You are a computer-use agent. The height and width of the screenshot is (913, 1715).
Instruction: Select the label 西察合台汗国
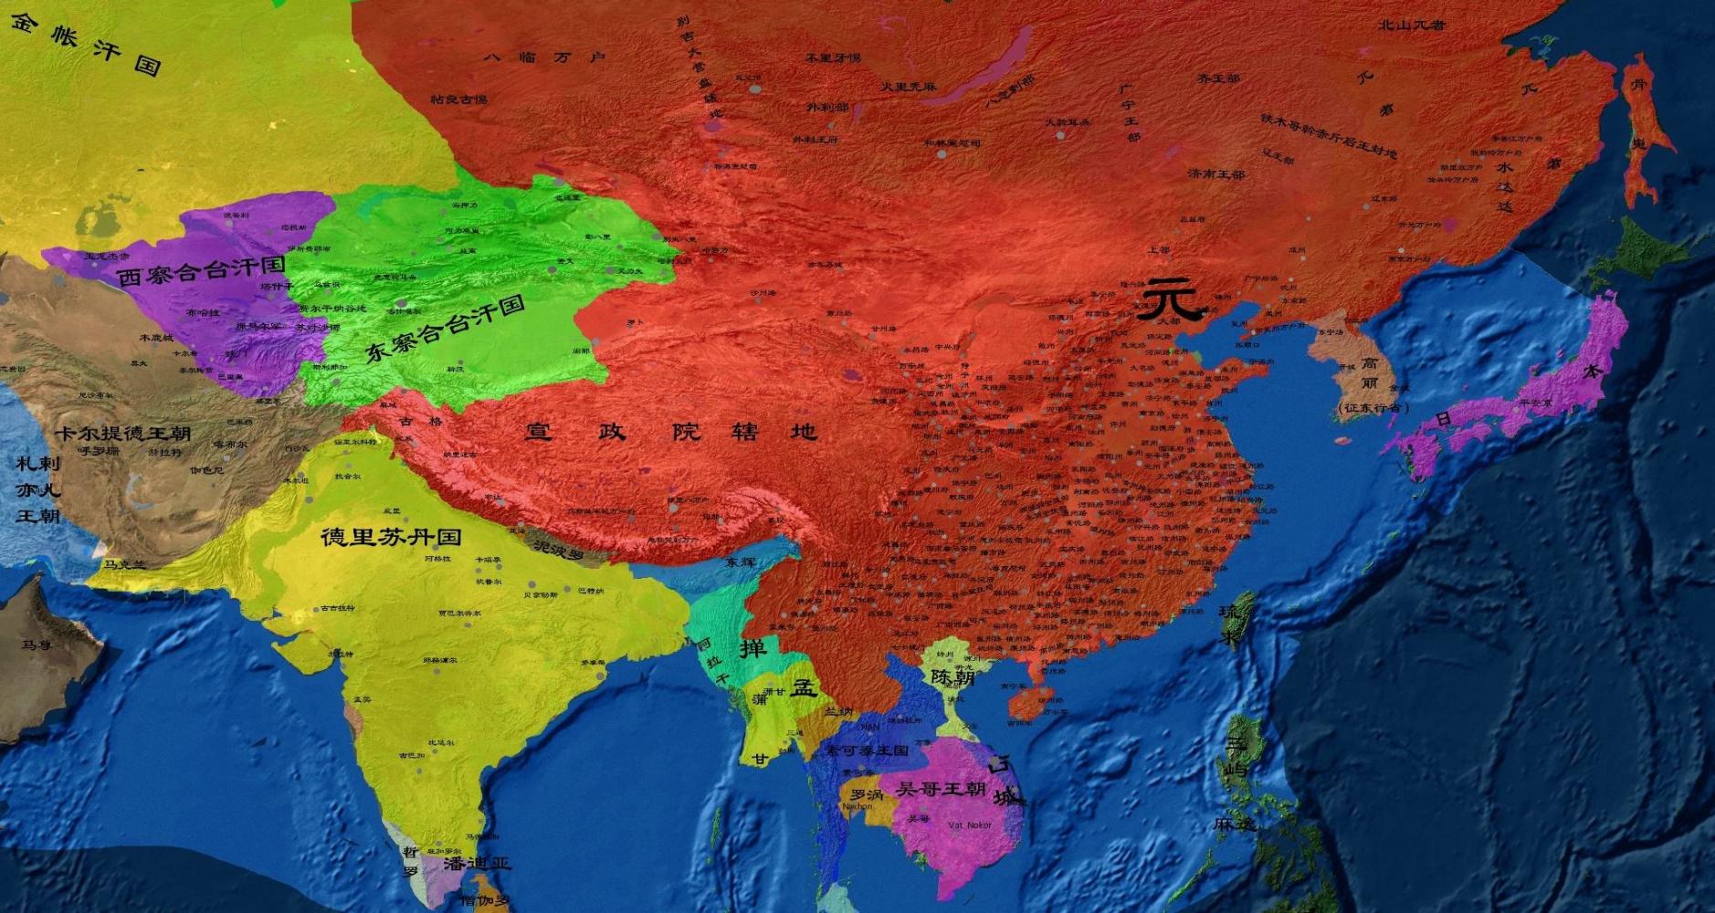201,270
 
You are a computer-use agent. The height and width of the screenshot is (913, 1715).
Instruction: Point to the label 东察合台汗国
445,329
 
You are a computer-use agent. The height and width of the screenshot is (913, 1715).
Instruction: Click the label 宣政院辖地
670,431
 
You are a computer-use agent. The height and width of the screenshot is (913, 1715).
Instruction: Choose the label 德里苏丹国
390,537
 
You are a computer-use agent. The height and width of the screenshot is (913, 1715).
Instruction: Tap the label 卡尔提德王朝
122,433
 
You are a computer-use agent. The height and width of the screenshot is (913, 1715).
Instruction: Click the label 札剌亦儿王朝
37,489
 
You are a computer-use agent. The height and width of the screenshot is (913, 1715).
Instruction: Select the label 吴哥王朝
941,787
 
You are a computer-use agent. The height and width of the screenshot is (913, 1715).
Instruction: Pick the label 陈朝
952,677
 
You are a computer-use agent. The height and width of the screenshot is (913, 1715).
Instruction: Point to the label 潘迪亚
477,864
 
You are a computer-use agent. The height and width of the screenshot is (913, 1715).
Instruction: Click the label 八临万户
544,57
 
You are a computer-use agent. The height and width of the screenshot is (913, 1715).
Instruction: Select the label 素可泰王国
867,750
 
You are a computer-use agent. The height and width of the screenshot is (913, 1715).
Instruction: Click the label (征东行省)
1368,407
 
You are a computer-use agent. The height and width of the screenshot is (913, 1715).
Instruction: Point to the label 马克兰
124,565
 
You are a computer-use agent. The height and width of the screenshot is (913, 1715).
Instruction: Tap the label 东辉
741,562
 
